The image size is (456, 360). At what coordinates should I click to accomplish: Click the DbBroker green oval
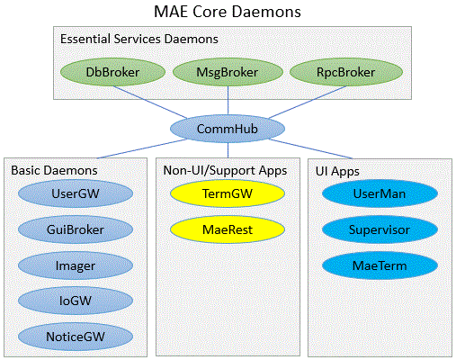click(112, 72)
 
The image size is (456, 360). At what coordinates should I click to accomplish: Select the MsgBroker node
click(228, 72)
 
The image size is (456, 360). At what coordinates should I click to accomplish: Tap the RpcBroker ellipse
click(346, 72)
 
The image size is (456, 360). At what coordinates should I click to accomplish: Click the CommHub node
click(228, 129)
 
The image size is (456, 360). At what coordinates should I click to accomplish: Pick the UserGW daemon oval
click(76, 193)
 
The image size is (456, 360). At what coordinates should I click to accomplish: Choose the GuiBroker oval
click(76, 229)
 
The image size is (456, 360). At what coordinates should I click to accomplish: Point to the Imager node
click(76, 265)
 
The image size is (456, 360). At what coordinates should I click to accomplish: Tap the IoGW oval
click(76, 301)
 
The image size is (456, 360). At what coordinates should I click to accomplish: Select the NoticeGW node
click(76, 337)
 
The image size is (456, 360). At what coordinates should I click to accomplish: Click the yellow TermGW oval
click(228, 193)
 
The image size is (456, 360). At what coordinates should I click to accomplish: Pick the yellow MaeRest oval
click(228, 229)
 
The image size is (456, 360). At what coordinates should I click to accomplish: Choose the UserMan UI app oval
click(380, 193)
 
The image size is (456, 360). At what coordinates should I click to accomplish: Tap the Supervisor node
click(380, 229)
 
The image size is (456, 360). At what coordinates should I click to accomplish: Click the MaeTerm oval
click(380, 265)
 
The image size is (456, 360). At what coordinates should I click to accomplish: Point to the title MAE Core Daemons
click(228, 12)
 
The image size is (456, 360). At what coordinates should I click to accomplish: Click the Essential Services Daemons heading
click(139, 39)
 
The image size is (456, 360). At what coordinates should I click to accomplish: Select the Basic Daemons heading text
click(54, 170)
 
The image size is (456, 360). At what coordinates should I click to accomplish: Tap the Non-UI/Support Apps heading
click(225, 171)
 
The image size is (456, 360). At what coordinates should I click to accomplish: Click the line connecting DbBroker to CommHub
click(150, 102)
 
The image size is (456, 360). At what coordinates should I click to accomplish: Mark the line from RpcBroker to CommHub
click(308, 102)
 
